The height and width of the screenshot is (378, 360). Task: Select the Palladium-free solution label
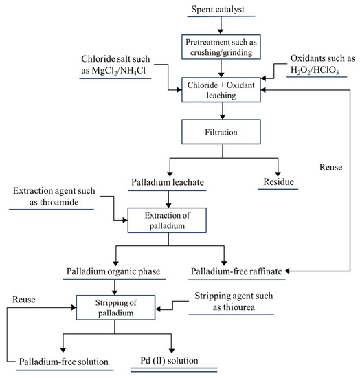click(x=67, y=361)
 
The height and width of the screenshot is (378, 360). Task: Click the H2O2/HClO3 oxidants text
click(x=315, y=71)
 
